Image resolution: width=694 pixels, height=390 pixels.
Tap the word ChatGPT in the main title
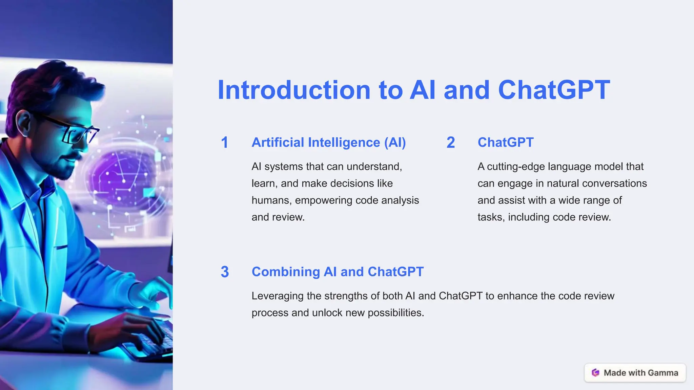click(x=554, y=90)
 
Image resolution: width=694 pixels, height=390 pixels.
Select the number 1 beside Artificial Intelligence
click(x=224, y=143)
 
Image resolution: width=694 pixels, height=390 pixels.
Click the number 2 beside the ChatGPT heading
click(x=450, y=143)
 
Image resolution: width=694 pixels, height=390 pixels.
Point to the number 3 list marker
click(x=225, y=272)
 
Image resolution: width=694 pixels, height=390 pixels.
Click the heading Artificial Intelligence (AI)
click(x=328, y=143)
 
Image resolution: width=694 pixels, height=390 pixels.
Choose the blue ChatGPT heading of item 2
click(x=505, y=143)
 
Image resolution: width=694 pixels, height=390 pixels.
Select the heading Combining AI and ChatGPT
click(x=337, y=272)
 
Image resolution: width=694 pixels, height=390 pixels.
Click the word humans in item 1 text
click(x=271, y=200)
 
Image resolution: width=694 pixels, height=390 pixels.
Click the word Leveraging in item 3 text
click(x=277, y=296)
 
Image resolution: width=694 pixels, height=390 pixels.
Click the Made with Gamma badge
click(x=635, y=373)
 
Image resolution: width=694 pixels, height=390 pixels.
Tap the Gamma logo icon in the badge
click(x=595, y=373)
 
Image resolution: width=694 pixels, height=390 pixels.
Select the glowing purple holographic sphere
click(x=122, y=179)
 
